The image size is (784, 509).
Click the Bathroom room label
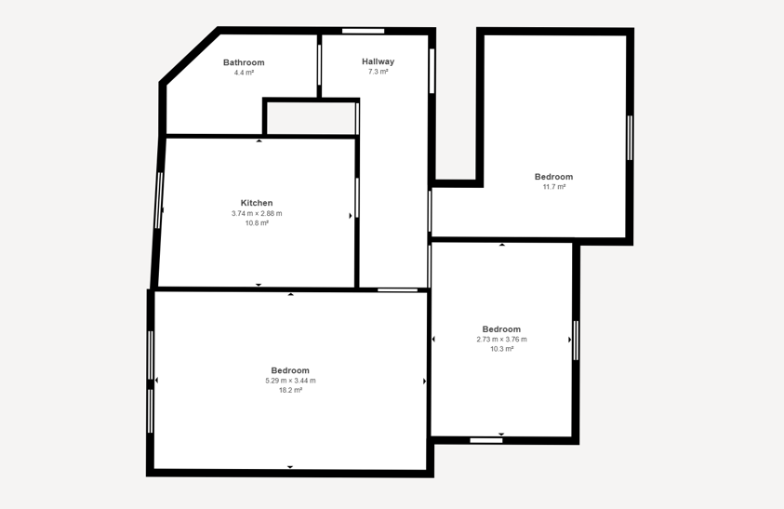[244, 62]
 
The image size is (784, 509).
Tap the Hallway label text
[378, 61]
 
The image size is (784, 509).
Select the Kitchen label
[257, 203]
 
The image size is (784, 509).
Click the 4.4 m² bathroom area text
[244, 73]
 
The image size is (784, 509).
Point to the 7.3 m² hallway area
[378, 72]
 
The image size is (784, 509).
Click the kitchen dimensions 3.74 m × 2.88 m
[257, 213]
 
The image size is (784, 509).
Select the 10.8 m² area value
[257, 223]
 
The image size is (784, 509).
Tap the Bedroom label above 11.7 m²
[553, 177]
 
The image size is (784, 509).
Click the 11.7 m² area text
[554, 187]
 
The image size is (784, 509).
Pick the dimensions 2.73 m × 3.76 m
[501, 339]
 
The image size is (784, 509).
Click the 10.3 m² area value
[501, 349]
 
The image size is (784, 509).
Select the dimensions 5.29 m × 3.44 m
[290, 381]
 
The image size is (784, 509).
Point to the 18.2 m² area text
[290, 391]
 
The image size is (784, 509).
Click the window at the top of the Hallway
[363, 31]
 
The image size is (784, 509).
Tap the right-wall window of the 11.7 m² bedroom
[630, 138]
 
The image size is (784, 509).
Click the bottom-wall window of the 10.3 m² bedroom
[486, 440]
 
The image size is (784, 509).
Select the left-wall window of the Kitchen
[159, 200]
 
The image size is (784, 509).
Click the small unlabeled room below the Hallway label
[311, 118]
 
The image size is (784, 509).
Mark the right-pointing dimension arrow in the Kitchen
[351, 216]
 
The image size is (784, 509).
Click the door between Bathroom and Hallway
[319, 65]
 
